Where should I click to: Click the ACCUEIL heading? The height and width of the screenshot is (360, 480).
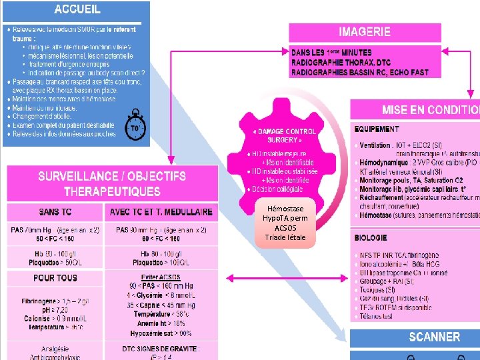(x=77, y=9)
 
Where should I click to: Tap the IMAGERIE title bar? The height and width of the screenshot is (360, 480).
(x=365, y=31)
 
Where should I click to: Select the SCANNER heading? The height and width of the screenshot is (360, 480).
(x=434, y=337)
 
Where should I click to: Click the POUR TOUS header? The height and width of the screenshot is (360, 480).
(x=55, y=277)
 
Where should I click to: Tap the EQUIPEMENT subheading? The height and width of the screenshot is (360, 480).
(x=377, y=129)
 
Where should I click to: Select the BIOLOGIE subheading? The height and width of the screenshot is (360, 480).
(x=371, y=237)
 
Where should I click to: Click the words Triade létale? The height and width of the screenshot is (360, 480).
(x=285, y=237)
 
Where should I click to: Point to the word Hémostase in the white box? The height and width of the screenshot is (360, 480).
(x=285, y=209)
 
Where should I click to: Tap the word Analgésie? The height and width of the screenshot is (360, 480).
(x=55, y=348)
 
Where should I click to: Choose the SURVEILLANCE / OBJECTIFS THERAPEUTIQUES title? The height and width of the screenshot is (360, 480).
(x=112, y=183)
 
